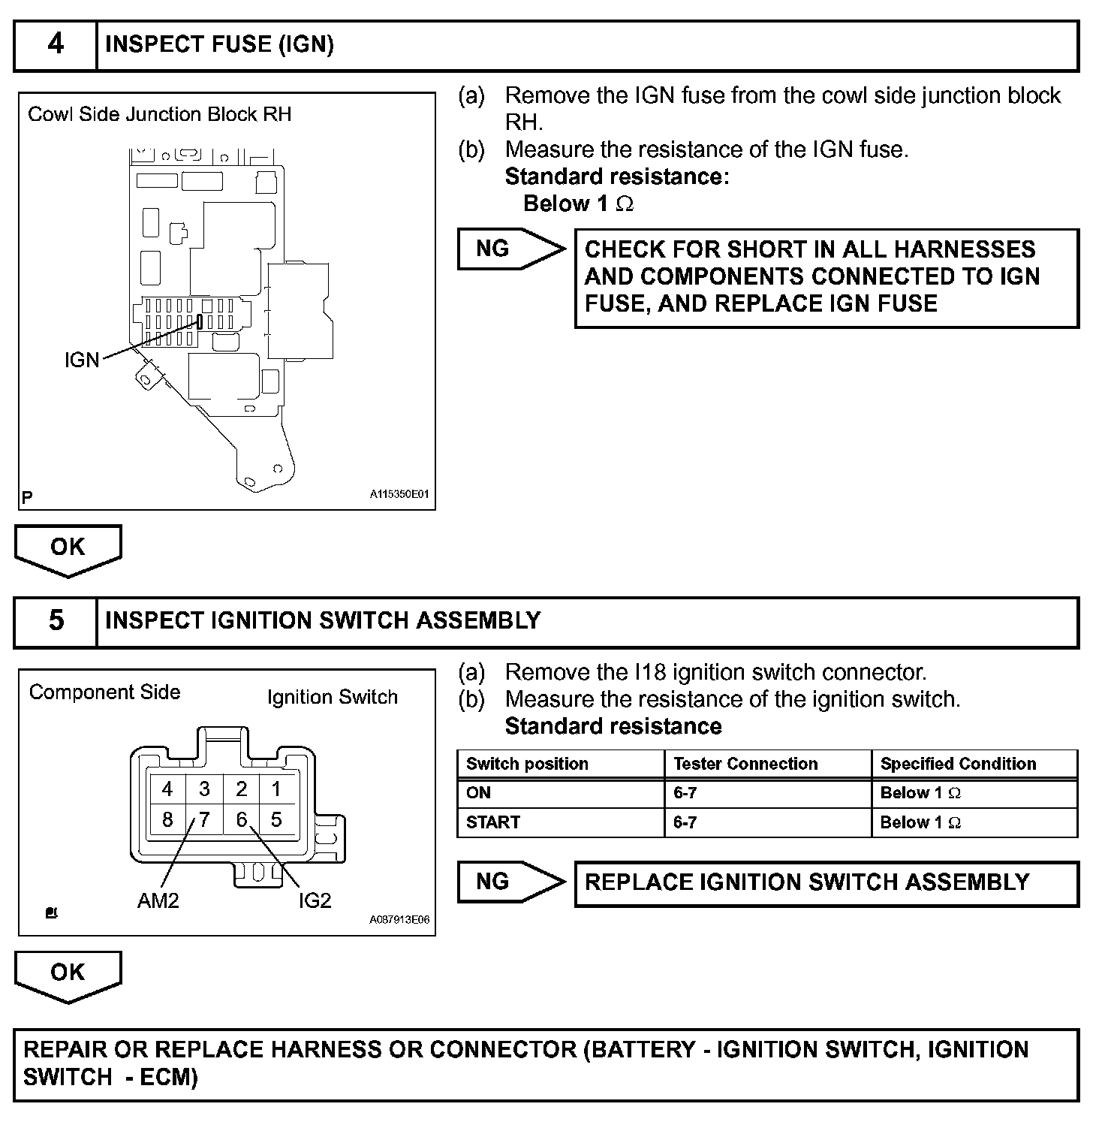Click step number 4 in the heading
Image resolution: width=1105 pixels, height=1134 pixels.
tap(56, 44)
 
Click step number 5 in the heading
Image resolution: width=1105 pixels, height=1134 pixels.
tap(56, 620)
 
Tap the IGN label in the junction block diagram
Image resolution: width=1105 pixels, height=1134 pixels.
tap(82, 360)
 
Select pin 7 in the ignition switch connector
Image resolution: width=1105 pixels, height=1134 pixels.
tap(203, 819)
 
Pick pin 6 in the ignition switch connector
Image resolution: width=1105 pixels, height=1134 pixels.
tap(241, 819)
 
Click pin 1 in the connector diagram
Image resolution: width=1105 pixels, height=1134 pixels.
tap(276, 789)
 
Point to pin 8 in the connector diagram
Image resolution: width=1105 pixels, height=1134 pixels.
tap(167, 819)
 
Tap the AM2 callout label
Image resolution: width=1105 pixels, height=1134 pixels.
tap(158, 900)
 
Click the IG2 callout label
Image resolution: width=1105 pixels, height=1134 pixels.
tap(315, 900)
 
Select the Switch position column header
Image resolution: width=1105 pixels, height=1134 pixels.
tap(527, 764)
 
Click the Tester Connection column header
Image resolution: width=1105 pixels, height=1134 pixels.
tap(745, 764)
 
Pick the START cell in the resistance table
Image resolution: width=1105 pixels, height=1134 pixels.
tap(493, 822)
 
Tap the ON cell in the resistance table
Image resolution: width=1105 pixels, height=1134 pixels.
tap(478, 793)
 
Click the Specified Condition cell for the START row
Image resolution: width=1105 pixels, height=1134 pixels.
tap(920, 822)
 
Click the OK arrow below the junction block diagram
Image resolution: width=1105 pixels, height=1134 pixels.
tap(68, 548)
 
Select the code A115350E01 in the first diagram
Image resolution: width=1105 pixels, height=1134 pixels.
tap(399, 494)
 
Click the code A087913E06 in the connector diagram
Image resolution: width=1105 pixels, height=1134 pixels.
tap(399, 920)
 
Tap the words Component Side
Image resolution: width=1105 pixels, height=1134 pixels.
tap(105, 692)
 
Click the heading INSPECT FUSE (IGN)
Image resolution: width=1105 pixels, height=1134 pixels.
tap(219, 44)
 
